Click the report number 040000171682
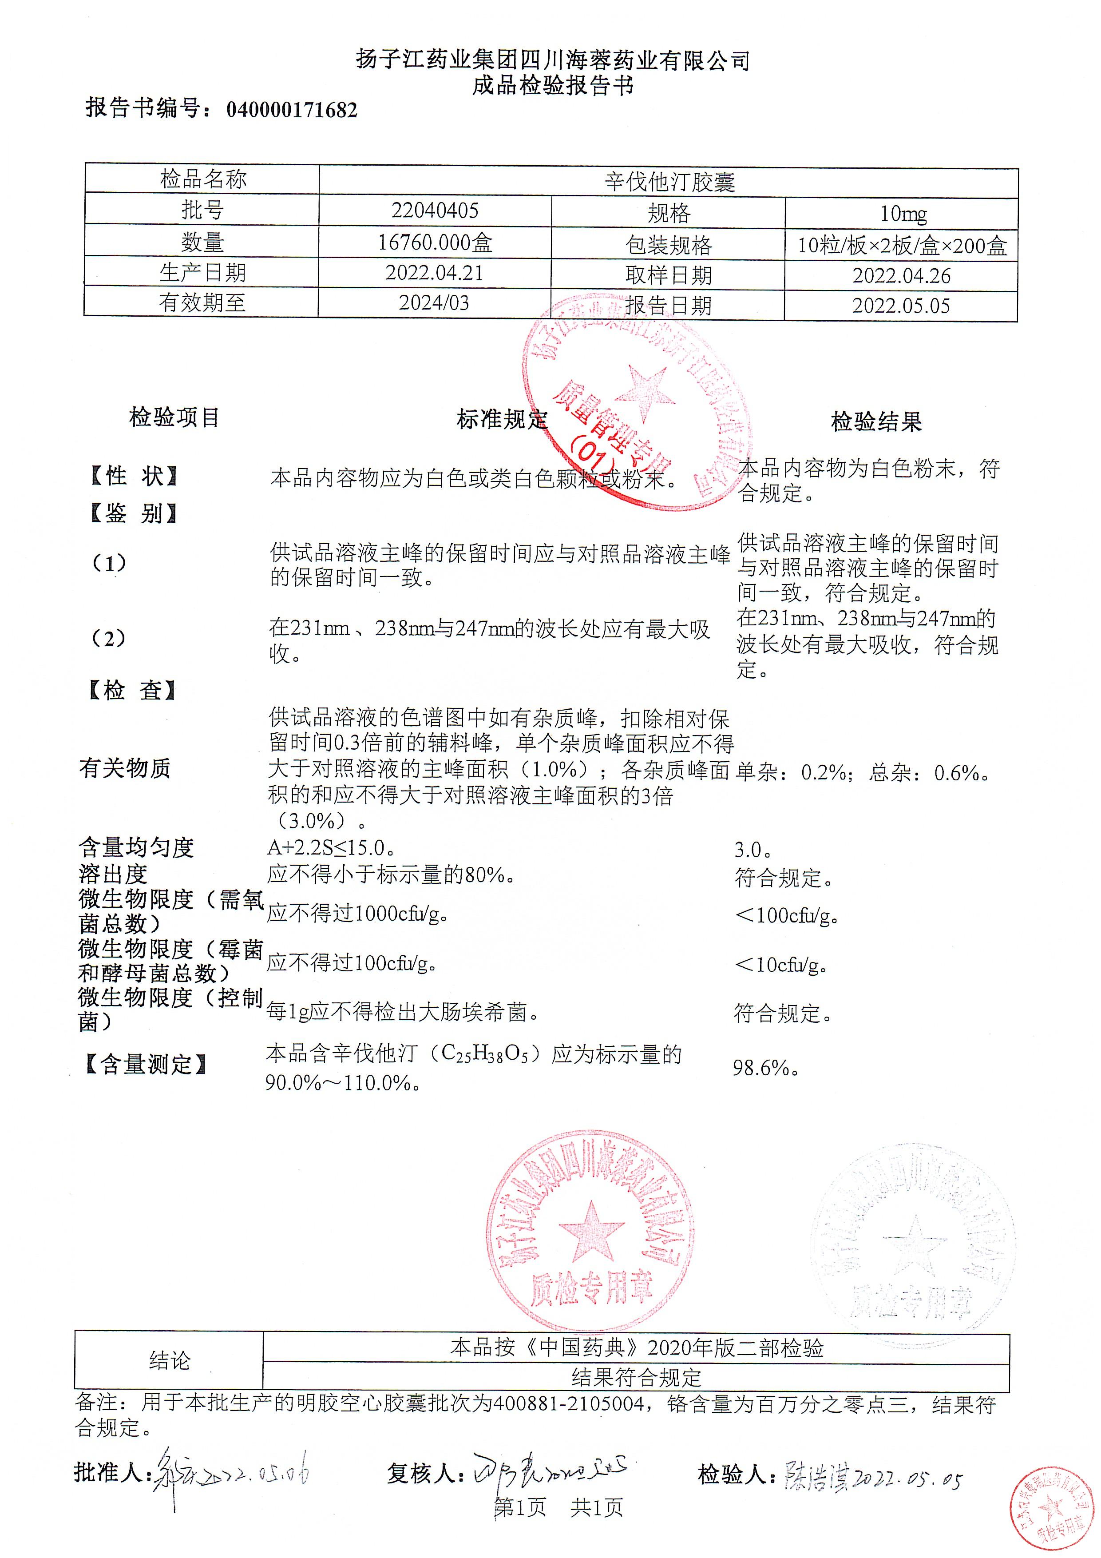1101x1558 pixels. tap(291, 110)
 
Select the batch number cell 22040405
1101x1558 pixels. tap(435, 211)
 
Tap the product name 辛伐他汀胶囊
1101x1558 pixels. tap(669, 181)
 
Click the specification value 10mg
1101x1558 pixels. tap(902, 214)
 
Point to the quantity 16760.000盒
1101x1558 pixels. tap(435, 242)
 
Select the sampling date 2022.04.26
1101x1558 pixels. tap(901, 275)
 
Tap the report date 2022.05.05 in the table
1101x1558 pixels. tap(901, 306)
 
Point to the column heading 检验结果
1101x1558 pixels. tap(876, 422)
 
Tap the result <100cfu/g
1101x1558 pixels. tap(785, 915)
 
